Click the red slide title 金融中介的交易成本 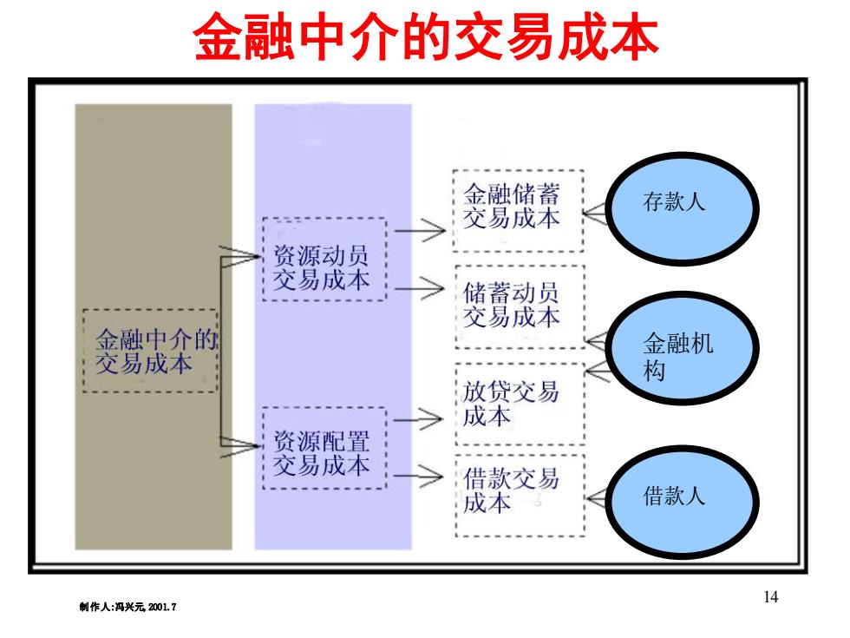coord(426,36)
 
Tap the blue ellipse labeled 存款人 coord(682,208)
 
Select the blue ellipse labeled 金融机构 coord(682,348)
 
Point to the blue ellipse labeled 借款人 coord(682,502)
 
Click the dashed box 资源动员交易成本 coord(324,260)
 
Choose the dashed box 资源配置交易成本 coord(324,448)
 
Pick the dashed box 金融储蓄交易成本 coord(519,210)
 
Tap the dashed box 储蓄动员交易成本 coord(520,306)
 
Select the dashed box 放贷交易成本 coord(520,405)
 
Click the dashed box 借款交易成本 coord(520,496)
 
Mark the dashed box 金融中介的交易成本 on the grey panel coord(150,351)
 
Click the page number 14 coord(770,597)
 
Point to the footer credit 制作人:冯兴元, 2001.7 coord(127,607)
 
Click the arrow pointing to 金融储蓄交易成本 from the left coord(420,231)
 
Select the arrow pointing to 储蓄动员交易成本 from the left coord(420,288)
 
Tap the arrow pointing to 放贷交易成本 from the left coord(418,420)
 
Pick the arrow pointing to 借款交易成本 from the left coord(418,477)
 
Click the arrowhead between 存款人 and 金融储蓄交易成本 coord(594,214)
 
